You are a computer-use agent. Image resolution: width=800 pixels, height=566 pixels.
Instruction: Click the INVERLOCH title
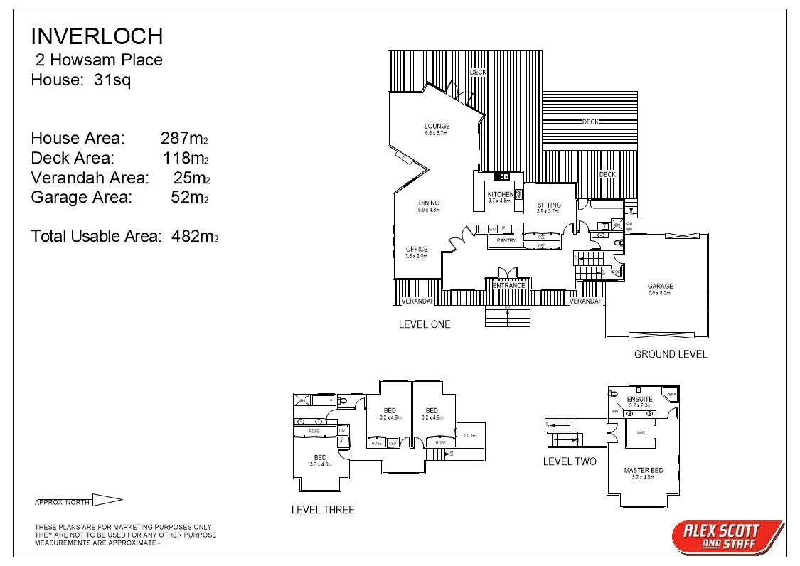97,36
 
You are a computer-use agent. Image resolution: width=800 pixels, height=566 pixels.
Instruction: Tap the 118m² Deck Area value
185,158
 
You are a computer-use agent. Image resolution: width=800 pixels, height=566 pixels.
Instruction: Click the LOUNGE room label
437,127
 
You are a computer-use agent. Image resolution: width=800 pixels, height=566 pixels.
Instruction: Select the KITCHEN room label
501,194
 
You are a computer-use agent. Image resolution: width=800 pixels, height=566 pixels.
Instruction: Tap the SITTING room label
549,205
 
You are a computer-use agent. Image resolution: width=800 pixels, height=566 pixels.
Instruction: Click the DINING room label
429,203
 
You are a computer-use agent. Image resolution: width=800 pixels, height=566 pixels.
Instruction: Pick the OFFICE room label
417,250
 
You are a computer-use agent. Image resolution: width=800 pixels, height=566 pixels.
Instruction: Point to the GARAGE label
660,287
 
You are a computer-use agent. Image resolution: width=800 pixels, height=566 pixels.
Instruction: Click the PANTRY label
506,241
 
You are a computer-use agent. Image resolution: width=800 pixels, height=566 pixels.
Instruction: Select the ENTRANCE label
509,286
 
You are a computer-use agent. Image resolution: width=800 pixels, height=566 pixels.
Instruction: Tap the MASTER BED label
643,471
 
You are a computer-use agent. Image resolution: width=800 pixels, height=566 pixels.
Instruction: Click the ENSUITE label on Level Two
639,400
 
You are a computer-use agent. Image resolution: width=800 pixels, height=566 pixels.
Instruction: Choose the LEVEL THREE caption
323,510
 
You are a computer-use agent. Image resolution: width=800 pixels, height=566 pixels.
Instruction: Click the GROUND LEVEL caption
670,354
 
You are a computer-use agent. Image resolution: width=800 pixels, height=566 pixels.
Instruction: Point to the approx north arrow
107,501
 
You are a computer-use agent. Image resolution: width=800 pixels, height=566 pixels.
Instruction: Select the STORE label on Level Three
470,435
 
